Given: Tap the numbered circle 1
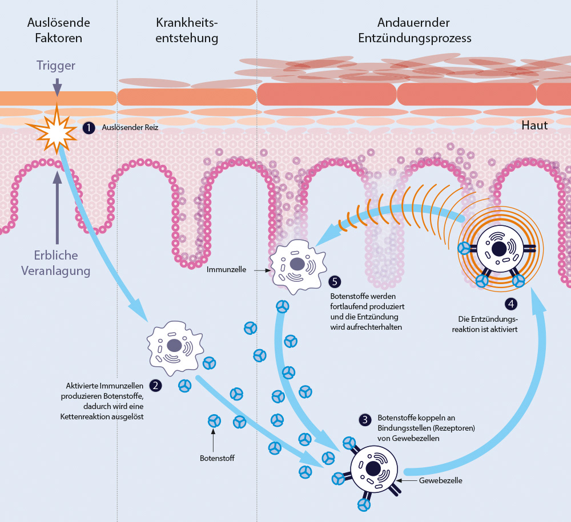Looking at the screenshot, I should (x=88, y=128).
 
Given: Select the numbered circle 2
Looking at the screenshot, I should (x=155, y=385).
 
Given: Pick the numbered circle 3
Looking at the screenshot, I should (x=365, y=420).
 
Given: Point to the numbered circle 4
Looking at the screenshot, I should (x=512, y=304).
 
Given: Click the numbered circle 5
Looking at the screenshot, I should (x=336, y=281).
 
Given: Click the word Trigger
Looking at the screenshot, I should (x=56, y=66).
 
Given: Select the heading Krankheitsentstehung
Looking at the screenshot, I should (x=187, y=31).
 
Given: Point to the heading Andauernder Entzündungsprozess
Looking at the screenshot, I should (x=415, y=31).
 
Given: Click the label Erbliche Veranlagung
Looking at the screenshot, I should (x=56, y=263).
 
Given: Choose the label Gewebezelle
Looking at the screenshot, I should (x=440, y=480).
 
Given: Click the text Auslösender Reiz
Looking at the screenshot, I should (x=130, y=128).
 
